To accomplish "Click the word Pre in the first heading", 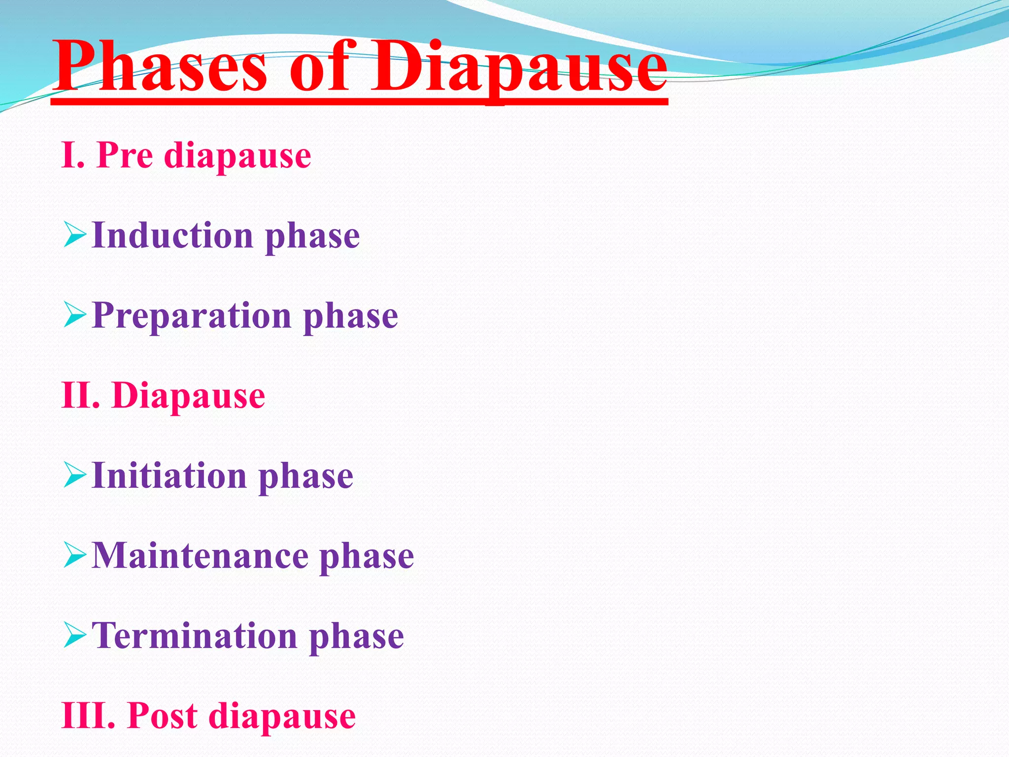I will (x=125, y=155).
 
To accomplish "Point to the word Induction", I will (x=172, y=235).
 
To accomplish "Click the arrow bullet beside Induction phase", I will (x=75, y=235).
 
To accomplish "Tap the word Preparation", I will (x=192, y=316).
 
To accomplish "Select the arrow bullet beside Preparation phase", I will (x=75, y=315).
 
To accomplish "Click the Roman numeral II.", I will (x=81, y=395).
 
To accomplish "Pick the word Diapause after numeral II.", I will (x=189, y=396).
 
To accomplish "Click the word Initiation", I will (x=169, y=476).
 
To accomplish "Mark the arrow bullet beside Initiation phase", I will (x=75, y=476).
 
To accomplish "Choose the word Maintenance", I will (x=200, y=556).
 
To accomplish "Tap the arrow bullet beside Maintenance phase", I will (x=75, y=555).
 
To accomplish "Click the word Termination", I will (x=195, y=636).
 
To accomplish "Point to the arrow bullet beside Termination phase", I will (x=75, y=635).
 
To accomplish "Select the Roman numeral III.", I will (x=89, y=716).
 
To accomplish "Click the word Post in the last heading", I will (x=163, y=716).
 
